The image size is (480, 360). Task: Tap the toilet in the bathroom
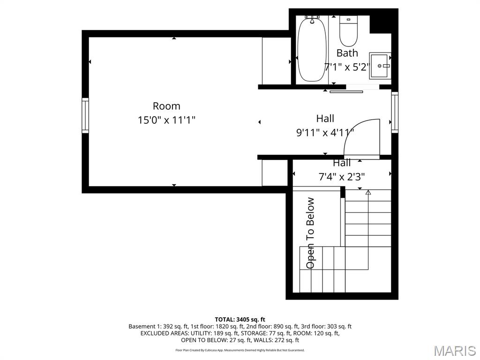(x=348, y=31)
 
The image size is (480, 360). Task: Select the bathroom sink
(x=380, y=66)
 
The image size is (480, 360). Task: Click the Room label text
(x=166, y=106)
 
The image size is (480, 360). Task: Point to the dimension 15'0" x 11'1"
(x=166, y=120)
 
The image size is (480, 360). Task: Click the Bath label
(x=347, y=53)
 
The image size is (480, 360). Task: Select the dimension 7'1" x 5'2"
(x=347, y=67)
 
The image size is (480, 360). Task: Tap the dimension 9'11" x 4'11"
(x=325, y=133)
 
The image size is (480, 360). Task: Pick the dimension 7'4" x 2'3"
(x=342, y=177)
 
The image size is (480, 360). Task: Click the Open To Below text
(x=310, y=233)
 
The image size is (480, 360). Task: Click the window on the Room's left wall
(x=85, y=115)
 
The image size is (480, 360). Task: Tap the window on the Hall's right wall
(x=395, y=112)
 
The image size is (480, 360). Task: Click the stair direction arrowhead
(x=368, y=192)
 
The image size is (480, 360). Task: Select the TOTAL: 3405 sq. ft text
(x=240, y=320)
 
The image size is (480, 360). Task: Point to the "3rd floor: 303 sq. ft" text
(x=326, y=326)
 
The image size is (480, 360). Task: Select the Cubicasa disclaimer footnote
(x=240, y=350)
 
